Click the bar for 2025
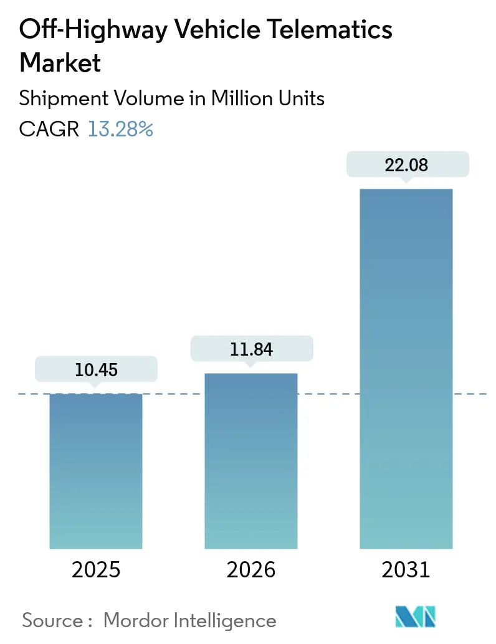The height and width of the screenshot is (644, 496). click(x=96, y=471)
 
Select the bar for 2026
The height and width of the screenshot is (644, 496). click(x=251, y=461)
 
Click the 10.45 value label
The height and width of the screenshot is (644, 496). click(x=96, y=370)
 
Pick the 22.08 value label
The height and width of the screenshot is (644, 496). click(x=406, y=166)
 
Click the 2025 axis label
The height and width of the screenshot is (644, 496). click(x=96, y=569)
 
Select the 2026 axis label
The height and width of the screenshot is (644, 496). click(x=251, y=569)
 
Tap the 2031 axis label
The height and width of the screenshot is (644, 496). click(x=406, y=569)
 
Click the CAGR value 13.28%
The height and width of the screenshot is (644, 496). click(x=120, y=129)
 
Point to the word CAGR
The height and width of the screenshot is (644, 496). click(x=49, y=129)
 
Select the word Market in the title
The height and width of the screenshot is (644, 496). click(x=60, y=63)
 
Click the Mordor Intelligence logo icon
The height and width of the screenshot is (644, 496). click(x=415, y=617)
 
